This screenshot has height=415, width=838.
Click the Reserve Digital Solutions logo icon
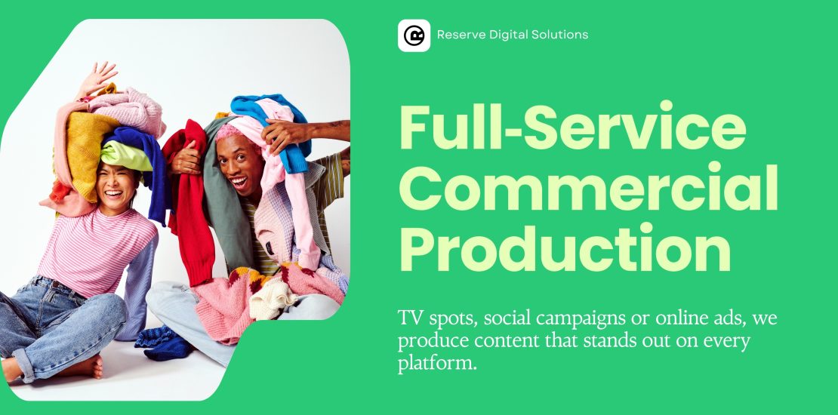(414, 35)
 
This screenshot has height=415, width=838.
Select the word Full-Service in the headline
(572, 126)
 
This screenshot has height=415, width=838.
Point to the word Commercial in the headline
(589, 186)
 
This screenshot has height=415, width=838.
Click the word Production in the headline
(565, 247)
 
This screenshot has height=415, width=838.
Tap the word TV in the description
(408, 319)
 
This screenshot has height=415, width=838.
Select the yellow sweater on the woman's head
(88, 155)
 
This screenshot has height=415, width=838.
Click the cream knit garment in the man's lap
(272, 299)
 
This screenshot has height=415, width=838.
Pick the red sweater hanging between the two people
(190, 203)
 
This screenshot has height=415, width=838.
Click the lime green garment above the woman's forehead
(126, 156)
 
